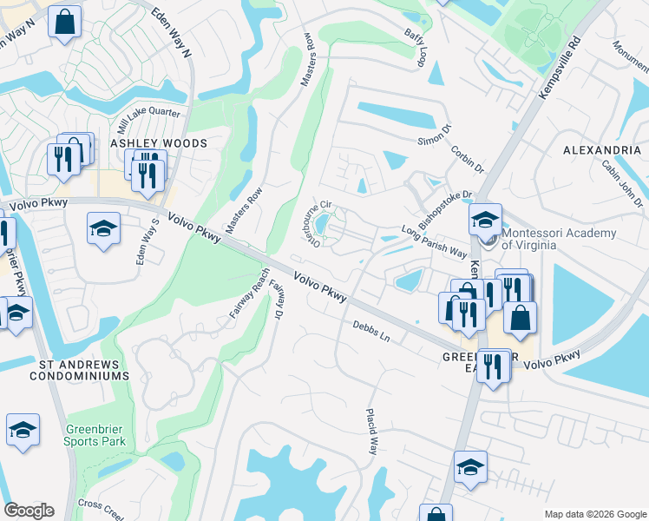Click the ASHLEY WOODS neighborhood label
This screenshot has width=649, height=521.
pyautogui.click(x=158, y=143)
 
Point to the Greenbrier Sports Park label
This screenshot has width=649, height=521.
pyautogui.click(x=95, y=435)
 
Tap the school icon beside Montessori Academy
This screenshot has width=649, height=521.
pyautogui.click(x=485, y=219)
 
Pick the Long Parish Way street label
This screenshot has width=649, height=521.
pyautogui.click(x=434, y=241)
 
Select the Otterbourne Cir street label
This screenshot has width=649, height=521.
pyautogui.click(x=317, y=223)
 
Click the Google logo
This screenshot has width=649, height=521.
pyautogui.click(x=29, y=511)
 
